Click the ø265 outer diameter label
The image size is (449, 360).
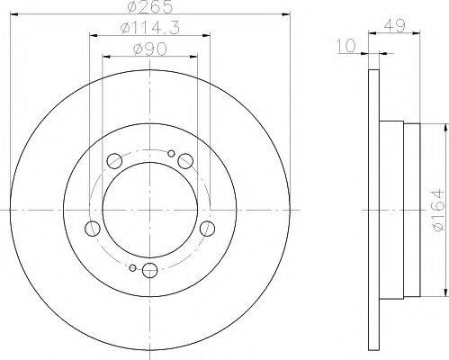pyautogui.click(x=148, y=7)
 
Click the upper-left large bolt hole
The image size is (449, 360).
pyautogui.click(x=114, y=161)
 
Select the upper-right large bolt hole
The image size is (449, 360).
pyautogui.click(x=184, y=161)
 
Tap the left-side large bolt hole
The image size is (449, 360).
pyautogui.click(x=92, y=228)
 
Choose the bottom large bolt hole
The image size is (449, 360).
pyautogui.click(x=149, y=270)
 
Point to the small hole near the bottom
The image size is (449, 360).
pyautogui.click(x=132, y=267)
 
